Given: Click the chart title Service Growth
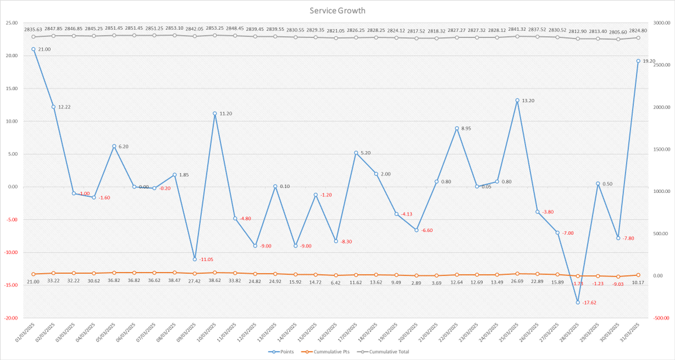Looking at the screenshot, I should coord(337,11).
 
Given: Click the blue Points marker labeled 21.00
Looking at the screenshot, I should coord(33,49).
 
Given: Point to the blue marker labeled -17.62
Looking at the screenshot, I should coord(578,302).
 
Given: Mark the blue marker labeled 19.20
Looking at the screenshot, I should coord(638,61).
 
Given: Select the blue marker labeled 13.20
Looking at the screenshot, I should coord(517,100).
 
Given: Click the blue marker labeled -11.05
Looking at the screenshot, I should coord(195,259).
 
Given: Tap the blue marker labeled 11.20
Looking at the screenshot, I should coord(215,113).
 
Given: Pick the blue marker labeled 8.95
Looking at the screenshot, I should coord(457,128).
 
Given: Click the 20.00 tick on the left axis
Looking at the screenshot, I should coord(11,56).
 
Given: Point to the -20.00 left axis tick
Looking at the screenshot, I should coord(11,318).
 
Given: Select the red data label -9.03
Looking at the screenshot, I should coord(618,284).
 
